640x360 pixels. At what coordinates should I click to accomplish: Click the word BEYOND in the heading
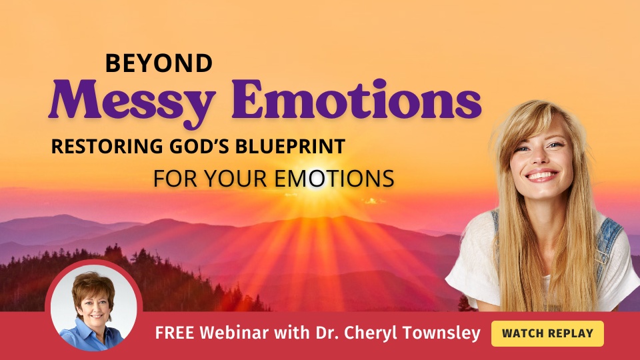(159, 63)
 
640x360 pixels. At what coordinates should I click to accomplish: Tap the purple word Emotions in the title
(356, 99)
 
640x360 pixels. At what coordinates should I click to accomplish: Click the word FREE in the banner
(175, 333)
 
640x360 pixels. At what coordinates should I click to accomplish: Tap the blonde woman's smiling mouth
(541, 175)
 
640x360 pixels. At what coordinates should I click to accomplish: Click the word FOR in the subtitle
(176, 179)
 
